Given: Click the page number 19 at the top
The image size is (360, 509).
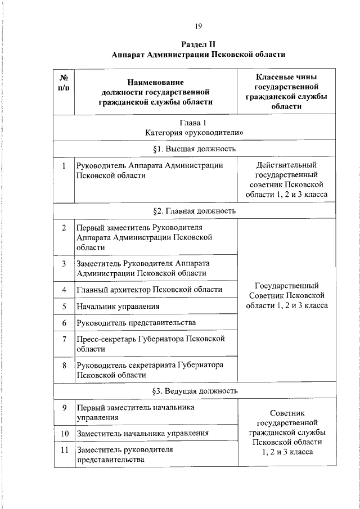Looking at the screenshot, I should pyautogui.click(x=199, y=26).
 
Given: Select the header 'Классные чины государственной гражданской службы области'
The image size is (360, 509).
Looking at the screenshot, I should pyautogui.click(x=287, y=91).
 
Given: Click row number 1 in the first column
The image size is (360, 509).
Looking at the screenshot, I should pyautogui.click(x=65, y=165).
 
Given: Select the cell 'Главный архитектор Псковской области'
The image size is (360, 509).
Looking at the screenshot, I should pyautogui.click(x=149, y=290).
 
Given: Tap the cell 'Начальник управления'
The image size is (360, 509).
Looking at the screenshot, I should pyautogui.click(x=118, y=307).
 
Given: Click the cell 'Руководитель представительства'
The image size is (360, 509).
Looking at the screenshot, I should pyautogui.click(x=136, y=323).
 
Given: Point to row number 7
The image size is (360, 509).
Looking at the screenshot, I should pyautogui.click(x=65, y=339).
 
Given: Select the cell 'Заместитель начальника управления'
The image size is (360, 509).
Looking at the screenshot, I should pyautogui.click(x=143, y=433).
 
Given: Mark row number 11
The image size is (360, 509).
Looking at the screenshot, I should pyautogui.click(x=65, y=450).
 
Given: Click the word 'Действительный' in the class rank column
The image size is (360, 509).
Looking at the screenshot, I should pyautogui.click(x=287, y=165).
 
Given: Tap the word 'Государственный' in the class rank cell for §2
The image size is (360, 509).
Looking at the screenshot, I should pyautogui.click(x=287, y=285).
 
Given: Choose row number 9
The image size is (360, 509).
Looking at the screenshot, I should pyautogui.click(x=65, y=407).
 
